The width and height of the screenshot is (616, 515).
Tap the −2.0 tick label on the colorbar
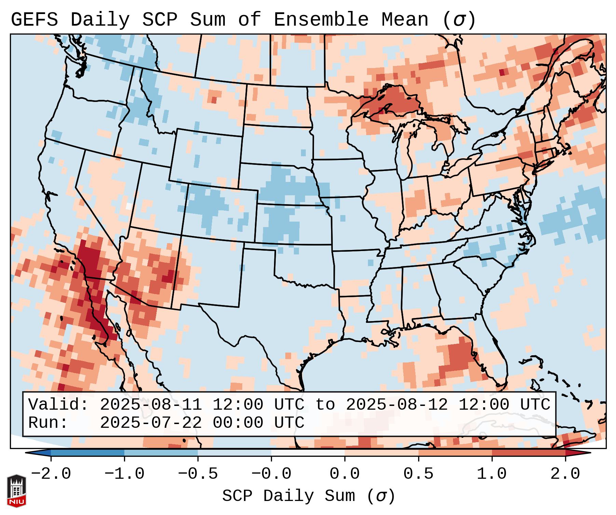pos(51,474)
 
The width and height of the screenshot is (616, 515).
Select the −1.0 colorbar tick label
pos(124,474)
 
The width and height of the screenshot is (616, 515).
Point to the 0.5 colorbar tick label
pos(419,474)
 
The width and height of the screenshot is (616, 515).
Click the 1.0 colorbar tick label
pos(492,474)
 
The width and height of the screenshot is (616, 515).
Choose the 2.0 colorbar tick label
pos(565,474)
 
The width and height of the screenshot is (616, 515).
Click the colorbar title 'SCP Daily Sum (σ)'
pos(309,496)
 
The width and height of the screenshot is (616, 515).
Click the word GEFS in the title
pos(35,20)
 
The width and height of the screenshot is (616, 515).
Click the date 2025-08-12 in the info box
pos(397,405)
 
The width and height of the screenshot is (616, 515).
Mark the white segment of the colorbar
pos(308,453)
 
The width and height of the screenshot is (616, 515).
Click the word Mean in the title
pos(405,20)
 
